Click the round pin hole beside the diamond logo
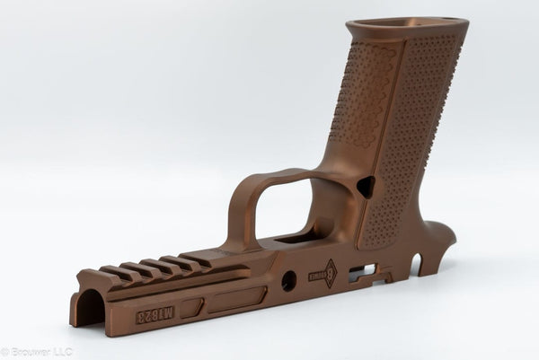coord(289,281)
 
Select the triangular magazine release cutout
coord(365,187)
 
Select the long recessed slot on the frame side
coord(235,299)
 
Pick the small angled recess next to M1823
coord(190,308)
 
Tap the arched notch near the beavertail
coord(415,265)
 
